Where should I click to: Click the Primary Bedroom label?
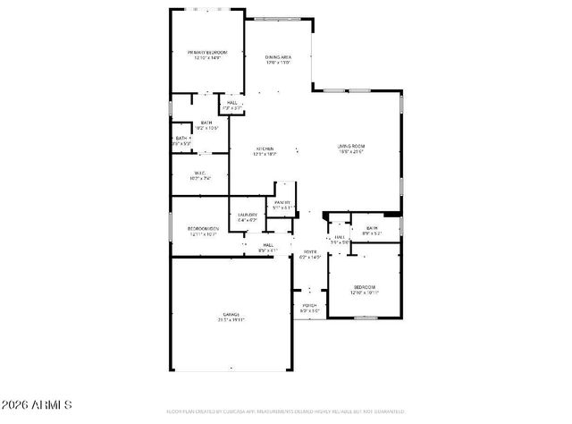207,53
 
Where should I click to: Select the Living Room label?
351,146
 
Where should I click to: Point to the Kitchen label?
265,148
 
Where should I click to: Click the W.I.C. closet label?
199,174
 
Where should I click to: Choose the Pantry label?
283,203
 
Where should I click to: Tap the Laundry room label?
248,215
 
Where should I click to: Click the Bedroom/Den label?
203,229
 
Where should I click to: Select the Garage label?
231,314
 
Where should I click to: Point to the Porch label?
309,306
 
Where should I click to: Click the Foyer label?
309,252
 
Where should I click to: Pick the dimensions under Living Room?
351,151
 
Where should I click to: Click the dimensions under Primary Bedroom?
207,58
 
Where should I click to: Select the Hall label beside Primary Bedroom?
231,103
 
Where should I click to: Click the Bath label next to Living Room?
371,228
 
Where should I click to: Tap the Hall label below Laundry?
268,245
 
